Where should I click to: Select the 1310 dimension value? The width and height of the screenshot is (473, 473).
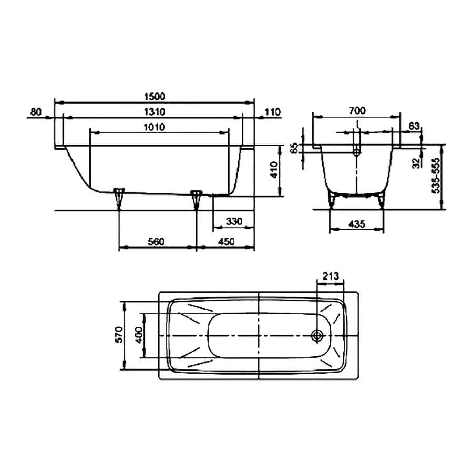pos(154,111)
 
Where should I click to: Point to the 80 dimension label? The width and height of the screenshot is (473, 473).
pos(36,111)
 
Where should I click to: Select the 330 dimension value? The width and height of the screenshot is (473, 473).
pos(233,222)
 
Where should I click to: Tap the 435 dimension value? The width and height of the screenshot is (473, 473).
pos(356,224)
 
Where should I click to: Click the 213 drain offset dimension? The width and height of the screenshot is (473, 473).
pos(331,275)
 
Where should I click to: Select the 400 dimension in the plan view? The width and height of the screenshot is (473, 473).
pos(139,335)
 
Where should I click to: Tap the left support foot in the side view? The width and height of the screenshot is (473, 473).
pos(120,197)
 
